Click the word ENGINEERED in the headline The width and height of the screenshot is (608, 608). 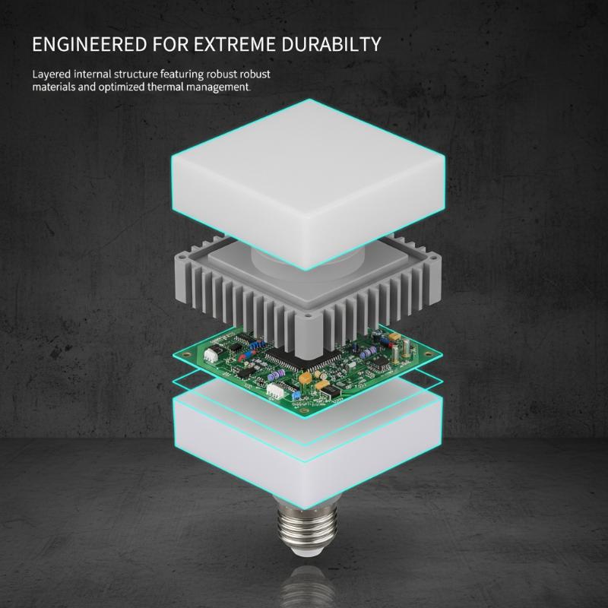(x=90, y=44)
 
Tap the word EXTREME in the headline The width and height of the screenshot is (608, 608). (x=235, y=44)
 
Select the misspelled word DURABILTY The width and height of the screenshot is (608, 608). (x=331, y=44)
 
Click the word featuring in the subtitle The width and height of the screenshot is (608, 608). (x=182, y=74)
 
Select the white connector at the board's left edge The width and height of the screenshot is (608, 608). (x=211, y=353)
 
